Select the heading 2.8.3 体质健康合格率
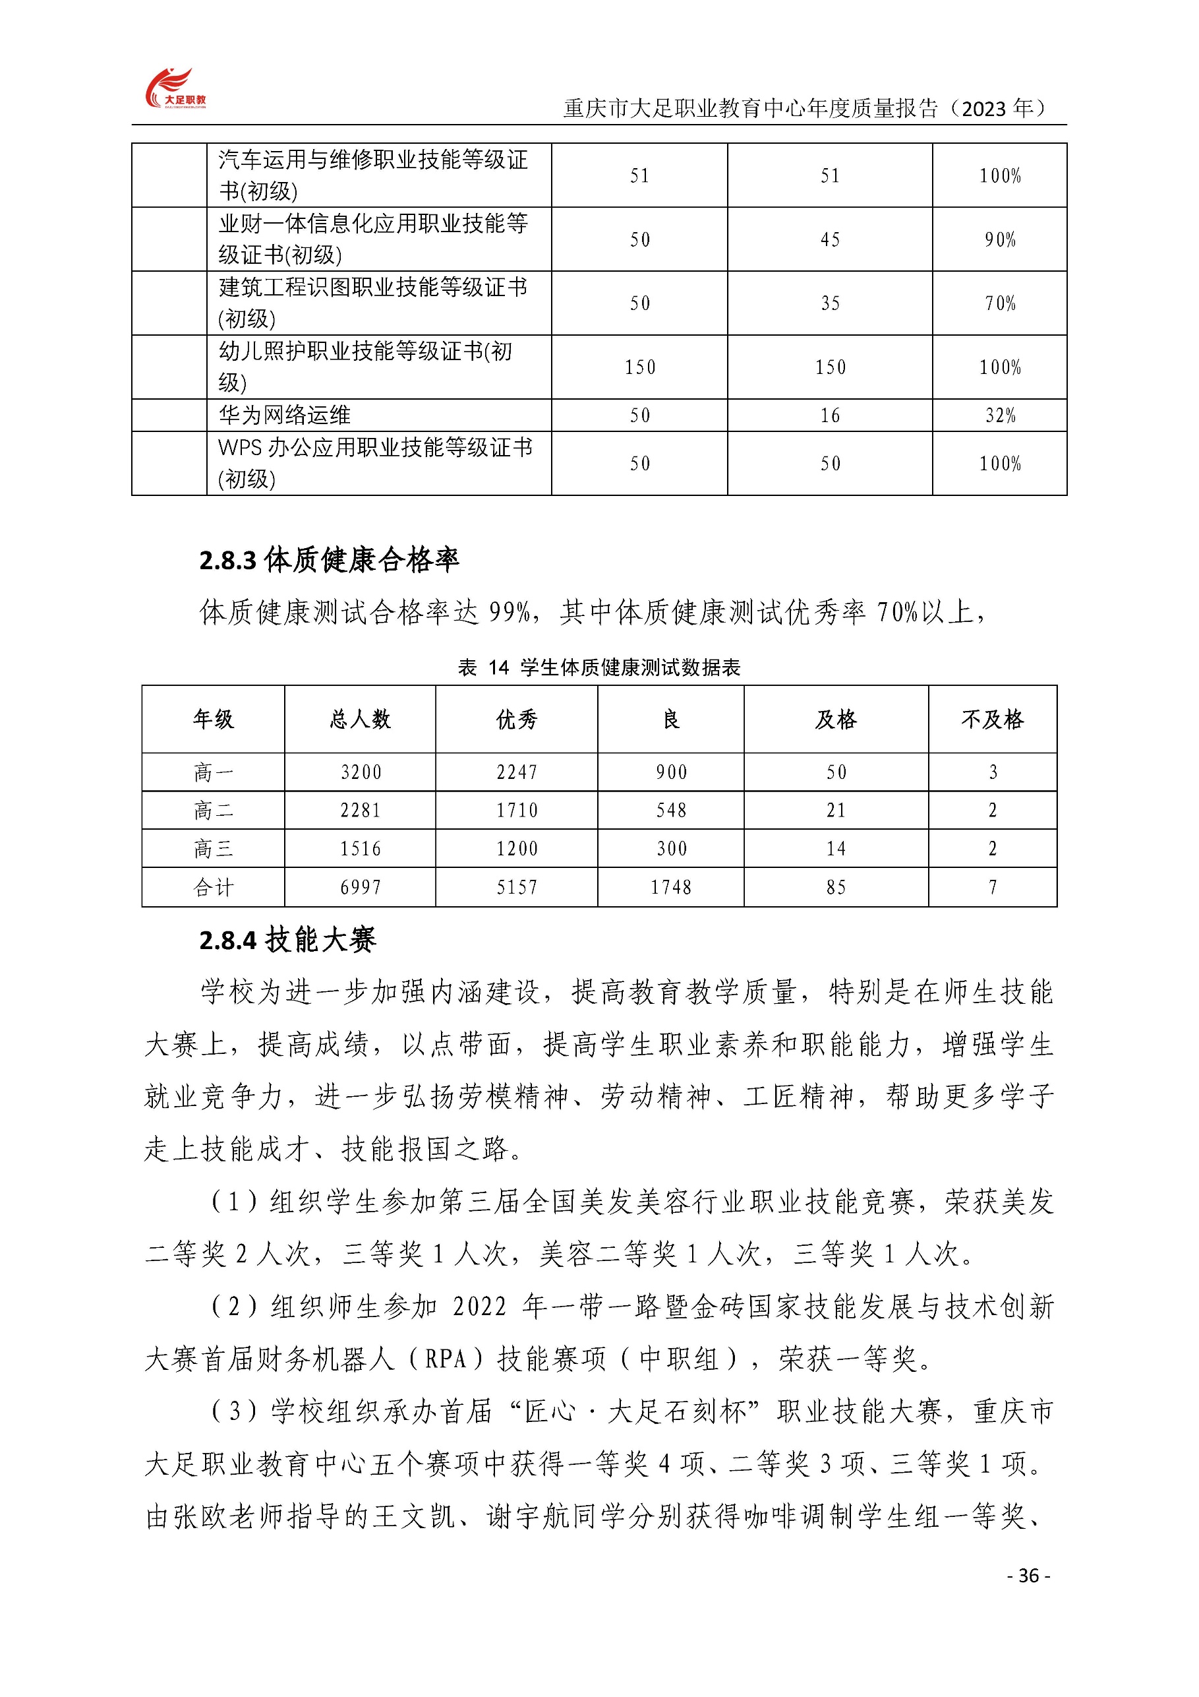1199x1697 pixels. pyautogui.click(x=329, y=560)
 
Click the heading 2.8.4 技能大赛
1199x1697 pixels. pyautogui.click(x=287, y=940)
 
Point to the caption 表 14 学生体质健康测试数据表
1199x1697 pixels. pyautogui.click(x=599, y=667)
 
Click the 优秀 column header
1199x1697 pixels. pyautogui.click(x=516, y=719)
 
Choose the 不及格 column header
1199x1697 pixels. pyautogui.click(x=992, y=719)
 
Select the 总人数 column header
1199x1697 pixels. pyautogui.click(x=360, y=719)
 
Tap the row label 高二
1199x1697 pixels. pyautogui.click(x=213, y=811)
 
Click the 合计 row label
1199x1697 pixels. pyautogui.click(x=213, y=887)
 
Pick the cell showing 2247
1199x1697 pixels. pyautogui.click(x=516, y=772)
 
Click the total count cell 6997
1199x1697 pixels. pyautogui.click(x=360, y=887)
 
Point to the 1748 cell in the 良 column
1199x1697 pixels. pyautogui.click(x=671, y=887)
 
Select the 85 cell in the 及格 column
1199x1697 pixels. pyautogui.click(x=836, y=887)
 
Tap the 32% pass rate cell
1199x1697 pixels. pyautogui.click(x=1001, y=416)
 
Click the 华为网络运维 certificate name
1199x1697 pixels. pyautogui.click(x=284, y=416)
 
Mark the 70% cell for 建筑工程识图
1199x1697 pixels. pyautogui.click(x=1001, y=303)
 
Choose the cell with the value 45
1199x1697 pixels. pyautogui.click(x=830, y=239)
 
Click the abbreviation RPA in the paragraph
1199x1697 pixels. pyautogui.click(x=446, y=1359)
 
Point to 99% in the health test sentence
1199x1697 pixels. pyautogui.click(x=510, y=612)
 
